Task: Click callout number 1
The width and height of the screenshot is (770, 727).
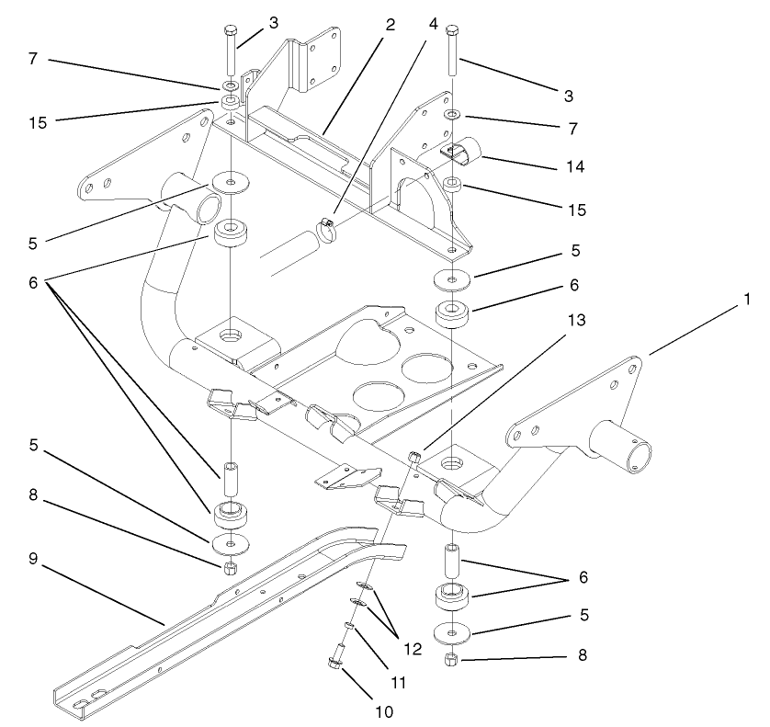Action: click(749, 299)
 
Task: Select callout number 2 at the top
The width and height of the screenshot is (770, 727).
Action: click(390, 25)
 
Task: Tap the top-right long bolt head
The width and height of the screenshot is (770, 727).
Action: click(452, 30)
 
